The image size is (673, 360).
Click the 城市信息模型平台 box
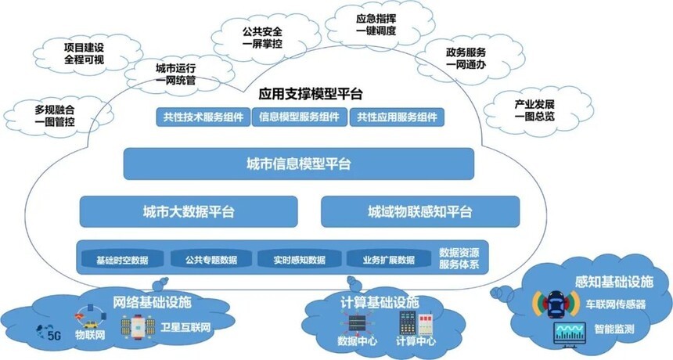298,164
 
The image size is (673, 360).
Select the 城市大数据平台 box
189,211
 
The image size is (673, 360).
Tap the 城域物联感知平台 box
420,211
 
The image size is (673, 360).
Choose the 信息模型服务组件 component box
299,117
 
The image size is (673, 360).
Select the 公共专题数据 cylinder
211,259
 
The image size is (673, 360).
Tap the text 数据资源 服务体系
459,259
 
